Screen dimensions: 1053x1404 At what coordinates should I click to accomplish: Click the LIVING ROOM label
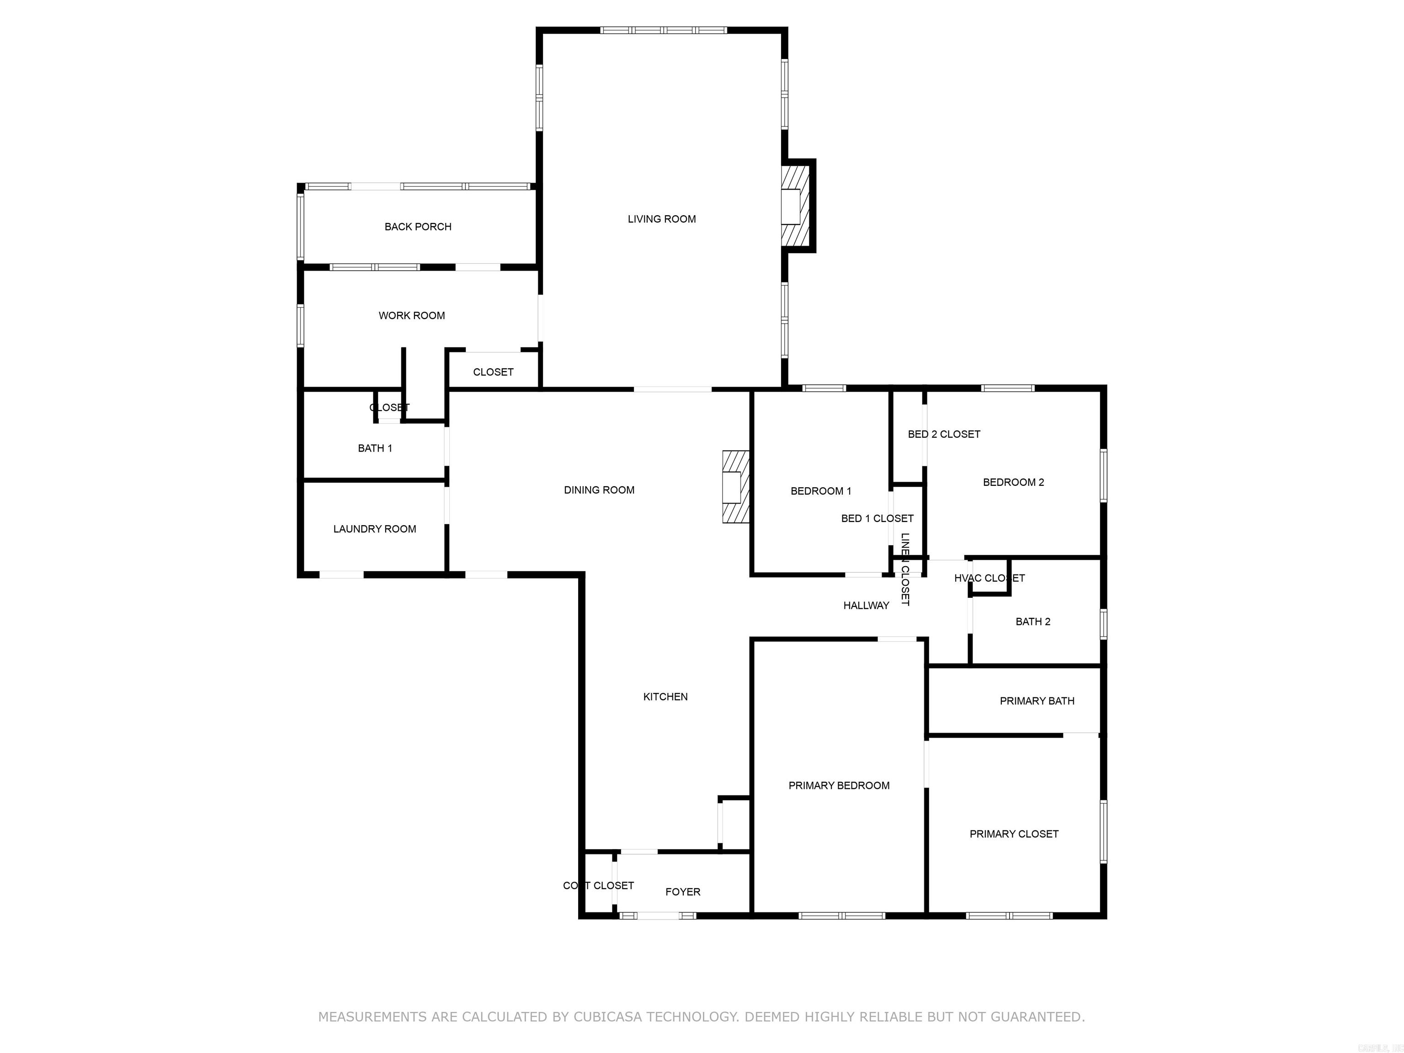661,219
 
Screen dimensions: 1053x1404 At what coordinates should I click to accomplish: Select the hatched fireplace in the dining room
736,487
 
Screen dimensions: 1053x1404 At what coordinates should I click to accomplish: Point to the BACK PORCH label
418,227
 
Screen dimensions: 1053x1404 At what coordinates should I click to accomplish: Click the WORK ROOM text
411,315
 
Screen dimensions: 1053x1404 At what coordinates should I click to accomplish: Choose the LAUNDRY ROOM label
374,529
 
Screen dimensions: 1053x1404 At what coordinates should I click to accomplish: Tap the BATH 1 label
374,448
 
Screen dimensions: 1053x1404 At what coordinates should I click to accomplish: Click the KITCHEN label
665,697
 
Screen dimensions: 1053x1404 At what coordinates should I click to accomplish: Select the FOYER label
682,892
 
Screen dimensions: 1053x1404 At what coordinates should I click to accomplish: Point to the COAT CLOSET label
598,885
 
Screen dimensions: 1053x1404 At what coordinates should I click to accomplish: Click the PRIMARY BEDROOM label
839,785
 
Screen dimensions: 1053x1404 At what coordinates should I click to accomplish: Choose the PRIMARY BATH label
1037,701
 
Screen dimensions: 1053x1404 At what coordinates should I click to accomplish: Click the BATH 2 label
1033,622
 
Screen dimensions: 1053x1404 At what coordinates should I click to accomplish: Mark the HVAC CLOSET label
989,578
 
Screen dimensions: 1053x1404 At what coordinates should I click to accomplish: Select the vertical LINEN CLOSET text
905,569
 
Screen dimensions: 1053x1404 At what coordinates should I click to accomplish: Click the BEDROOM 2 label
1013,482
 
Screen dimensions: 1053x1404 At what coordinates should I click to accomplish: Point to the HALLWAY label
866,606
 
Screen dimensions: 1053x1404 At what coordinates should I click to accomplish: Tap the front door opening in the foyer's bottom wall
658,915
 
